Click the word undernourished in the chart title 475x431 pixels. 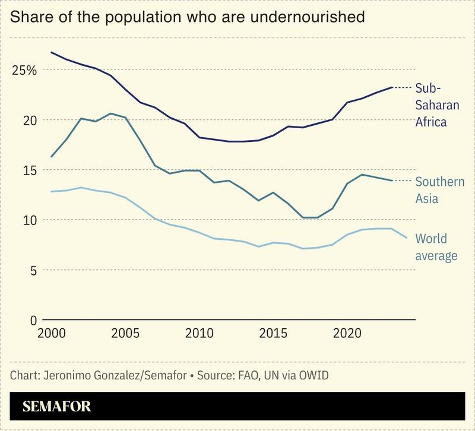coord(307,17)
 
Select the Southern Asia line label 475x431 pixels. coord(439,190)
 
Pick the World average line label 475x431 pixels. coord(436,247)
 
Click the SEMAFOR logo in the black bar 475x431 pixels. coord(57,407)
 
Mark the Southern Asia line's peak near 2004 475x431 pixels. coord(110,113)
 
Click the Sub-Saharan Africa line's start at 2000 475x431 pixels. coord(51,52)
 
